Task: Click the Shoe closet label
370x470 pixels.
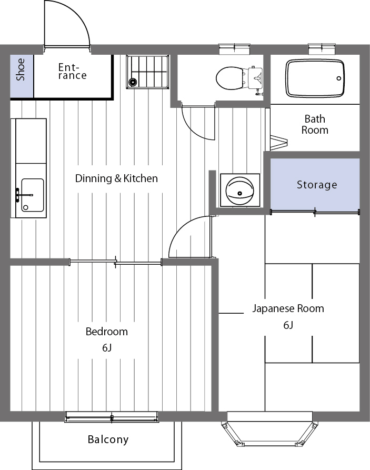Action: click(x=21, y=69)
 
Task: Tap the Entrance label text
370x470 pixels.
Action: click(x=72, y=72)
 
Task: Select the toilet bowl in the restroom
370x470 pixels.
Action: click(x=228, y=77)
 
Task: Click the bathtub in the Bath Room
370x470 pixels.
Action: click(x=315, y=78)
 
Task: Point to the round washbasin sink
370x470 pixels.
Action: click(x=239, y=189)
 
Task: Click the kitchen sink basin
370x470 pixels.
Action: click(x=32, y=195)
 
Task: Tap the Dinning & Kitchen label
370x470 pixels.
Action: click(x=116, y=178)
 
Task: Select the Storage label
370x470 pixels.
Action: click(x=316, y=185)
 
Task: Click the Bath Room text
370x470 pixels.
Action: click(x=315, y=124)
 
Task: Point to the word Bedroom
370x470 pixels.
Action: click(x=107, y=332)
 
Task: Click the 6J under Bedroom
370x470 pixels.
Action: click(x=107, y=347)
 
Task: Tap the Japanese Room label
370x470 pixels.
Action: click(x=288, y=308)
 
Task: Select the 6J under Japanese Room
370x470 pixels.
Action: click(x=288, y=325)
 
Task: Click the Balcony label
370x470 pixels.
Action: click(x=108, y=439)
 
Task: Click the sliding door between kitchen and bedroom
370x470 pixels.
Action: click(x=115, y=262)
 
